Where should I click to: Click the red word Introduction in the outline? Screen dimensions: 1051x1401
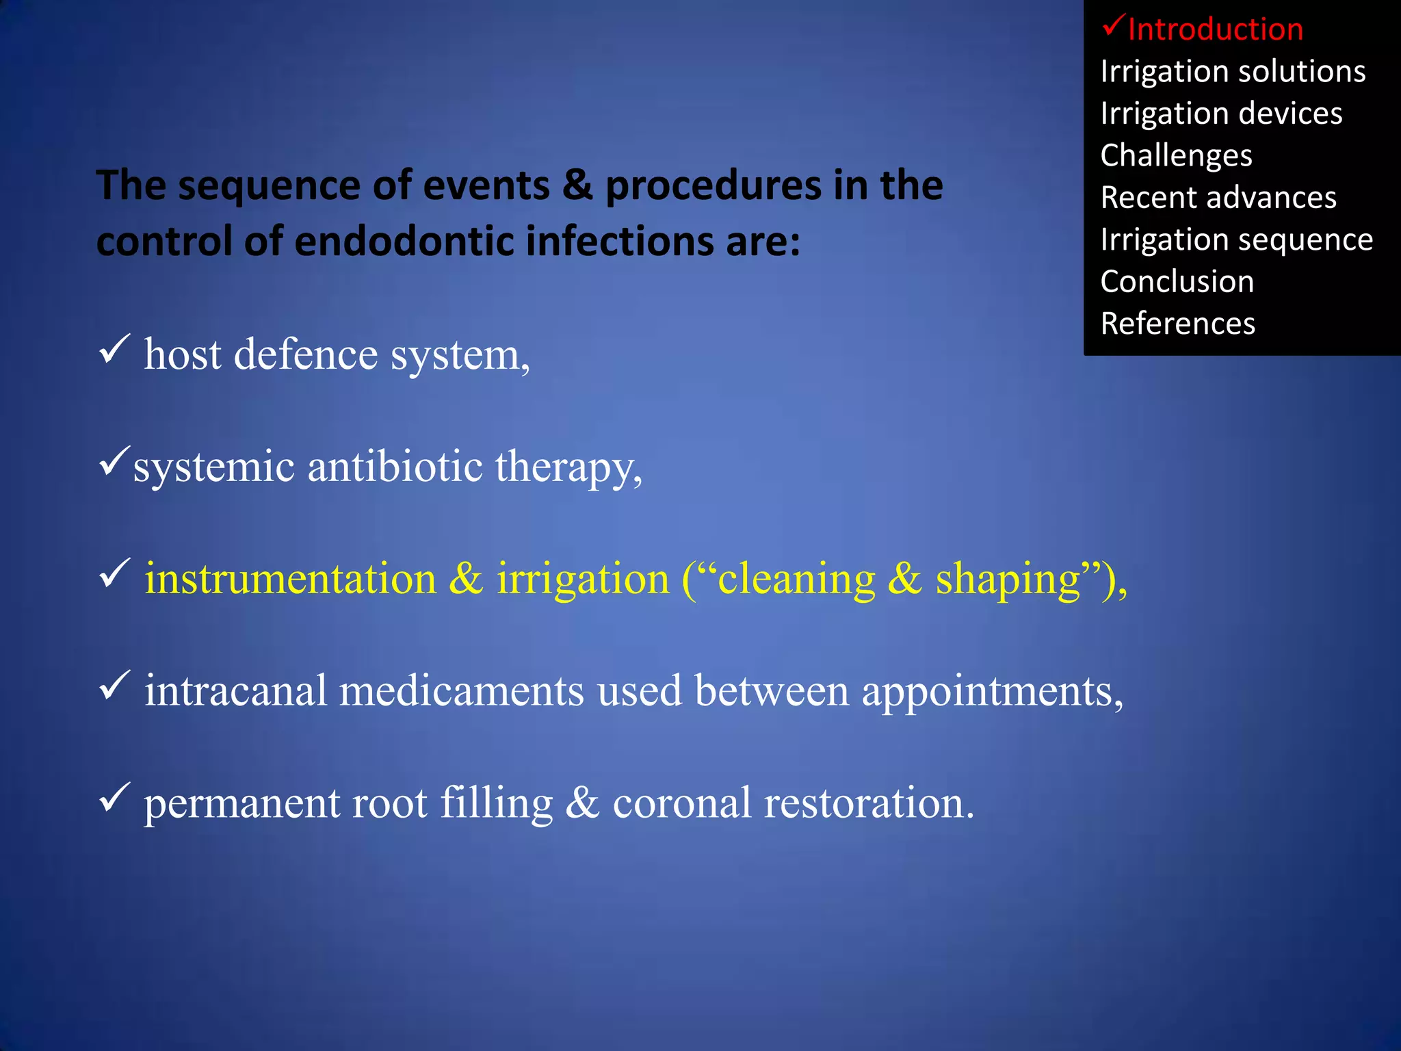point(1216,29)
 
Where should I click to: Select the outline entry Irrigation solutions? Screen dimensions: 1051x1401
point(1233,71)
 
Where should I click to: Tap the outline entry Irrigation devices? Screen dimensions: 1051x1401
point(1221,114)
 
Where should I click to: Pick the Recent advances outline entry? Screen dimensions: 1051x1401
point(1218,198)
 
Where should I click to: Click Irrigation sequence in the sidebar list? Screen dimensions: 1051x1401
point(1236,240)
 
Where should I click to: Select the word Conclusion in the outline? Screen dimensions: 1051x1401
point(1177,282)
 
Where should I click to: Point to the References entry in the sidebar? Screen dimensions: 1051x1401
point(1177,324)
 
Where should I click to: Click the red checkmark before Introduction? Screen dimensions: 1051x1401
point(1113,26)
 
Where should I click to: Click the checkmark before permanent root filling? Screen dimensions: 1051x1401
point(114,796)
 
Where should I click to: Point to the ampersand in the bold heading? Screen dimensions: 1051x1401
point(577,185)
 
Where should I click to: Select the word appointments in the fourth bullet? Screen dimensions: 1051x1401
point(992,691)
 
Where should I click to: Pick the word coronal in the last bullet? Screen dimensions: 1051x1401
point(682,803)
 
